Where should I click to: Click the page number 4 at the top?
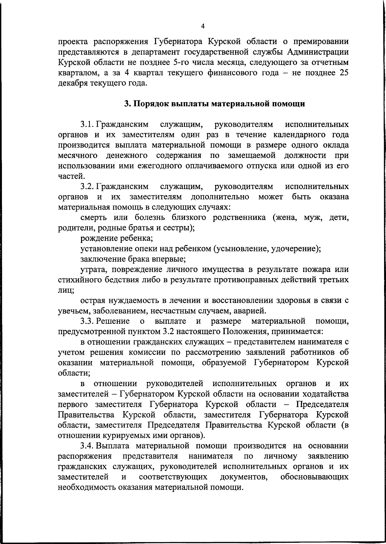pyautogui.click(x=202, y=26)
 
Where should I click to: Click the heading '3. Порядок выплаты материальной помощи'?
pyautogui.click(x=215, y=104)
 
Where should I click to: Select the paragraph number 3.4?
pyautogui.click(x=87, y=446)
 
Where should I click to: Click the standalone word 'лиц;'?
pyautogui.click(x=66, y=290)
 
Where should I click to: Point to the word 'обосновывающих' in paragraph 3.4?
pyautogui.click(x=314, y=477)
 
